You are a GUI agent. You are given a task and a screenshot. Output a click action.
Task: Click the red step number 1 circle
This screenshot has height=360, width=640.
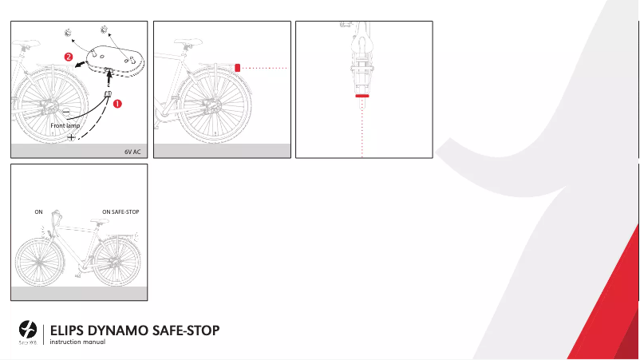click(x=117, y=104)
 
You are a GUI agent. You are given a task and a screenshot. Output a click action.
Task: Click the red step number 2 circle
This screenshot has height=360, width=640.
click(x=69, y=57)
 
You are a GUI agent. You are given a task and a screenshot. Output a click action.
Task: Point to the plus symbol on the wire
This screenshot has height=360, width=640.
click(x=72, y=137)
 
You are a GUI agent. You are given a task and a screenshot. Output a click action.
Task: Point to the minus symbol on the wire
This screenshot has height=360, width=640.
click(x=66, y=111)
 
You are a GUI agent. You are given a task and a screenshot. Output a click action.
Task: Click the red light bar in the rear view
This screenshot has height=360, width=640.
click(x=362, y=95)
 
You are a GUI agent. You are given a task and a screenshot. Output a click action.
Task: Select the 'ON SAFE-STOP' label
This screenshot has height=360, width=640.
click(x=121, y=212)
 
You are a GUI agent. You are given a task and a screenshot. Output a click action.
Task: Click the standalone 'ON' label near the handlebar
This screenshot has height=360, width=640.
click(x=38, y=212)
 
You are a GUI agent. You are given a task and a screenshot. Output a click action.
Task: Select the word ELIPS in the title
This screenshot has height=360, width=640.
click(x=69, y=330)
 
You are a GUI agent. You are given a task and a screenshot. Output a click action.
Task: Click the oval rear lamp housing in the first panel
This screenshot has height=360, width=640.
click(x=111, y=59)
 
